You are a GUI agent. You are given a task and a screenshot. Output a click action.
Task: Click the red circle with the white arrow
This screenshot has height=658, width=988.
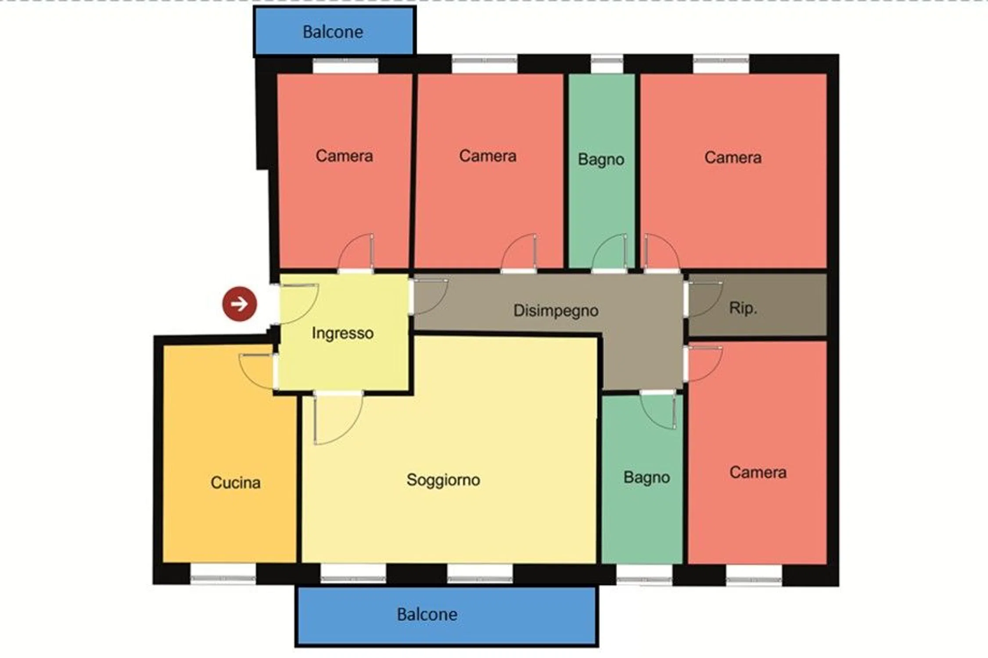click(x=240, y=304)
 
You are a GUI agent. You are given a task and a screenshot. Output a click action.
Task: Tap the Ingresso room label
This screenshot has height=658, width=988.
click(x=343, y=333)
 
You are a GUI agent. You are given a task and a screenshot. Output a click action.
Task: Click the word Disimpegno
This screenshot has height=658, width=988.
click(x=556, y=311)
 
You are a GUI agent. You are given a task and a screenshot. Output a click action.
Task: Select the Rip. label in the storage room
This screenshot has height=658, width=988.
click(x=743, y=308)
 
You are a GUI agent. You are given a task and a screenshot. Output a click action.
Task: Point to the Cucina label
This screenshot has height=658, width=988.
click(x=236, y=483)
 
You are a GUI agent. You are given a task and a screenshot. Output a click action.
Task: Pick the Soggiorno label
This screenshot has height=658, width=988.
click(x=443, y=480)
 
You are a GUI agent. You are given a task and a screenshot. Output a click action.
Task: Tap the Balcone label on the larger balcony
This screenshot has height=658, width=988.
click(x=427, y=615)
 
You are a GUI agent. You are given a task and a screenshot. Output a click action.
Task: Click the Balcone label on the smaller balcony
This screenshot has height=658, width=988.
click(x=333, y=32)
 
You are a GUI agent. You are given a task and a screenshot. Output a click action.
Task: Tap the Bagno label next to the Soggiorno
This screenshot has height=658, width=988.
click(x=647, y=477)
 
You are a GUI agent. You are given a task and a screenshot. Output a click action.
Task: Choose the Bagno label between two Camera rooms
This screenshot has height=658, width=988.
click(x=601, y=159)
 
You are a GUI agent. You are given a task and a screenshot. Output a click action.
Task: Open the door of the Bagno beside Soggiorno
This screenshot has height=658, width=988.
click(x=658, y=410)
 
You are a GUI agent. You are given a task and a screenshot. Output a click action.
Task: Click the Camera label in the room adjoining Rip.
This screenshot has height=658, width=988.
click(x=758, y=472)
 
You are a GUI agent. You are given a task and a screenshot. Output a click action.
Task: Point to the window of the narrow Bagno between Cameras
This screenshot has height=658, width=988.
click(x=607, y=64)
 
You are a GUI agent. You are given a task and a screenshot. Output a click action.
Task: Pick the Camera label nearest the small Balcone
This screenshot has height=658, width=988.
click(x=344, y=156)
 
